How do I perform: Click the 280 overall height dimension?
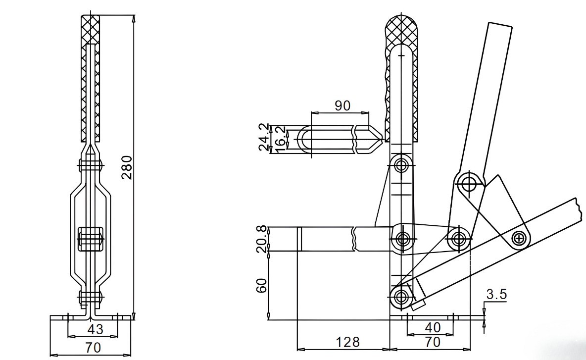(x=127, y=168)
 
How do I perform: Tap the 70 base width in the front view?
(x=92, y=348)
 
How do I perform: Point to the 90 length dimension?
(x=342, y=105)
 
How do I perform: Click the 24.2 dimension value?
(x=265, y=137)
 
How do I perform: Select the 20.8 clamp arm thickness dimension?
(x=262, y=239)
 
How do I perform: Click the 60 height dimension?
(x=262, y=285)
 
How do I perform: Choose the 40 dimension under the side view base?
(x=432, y=328)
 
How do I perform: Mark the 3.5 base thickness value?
(x=496, y=295)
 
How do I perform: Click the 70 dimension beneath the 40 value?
(x=432, y=342)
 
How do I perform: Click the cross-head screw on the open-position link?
(x=519, y=238)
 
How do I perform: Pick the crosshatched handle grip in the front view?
(x=90, y=74)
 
